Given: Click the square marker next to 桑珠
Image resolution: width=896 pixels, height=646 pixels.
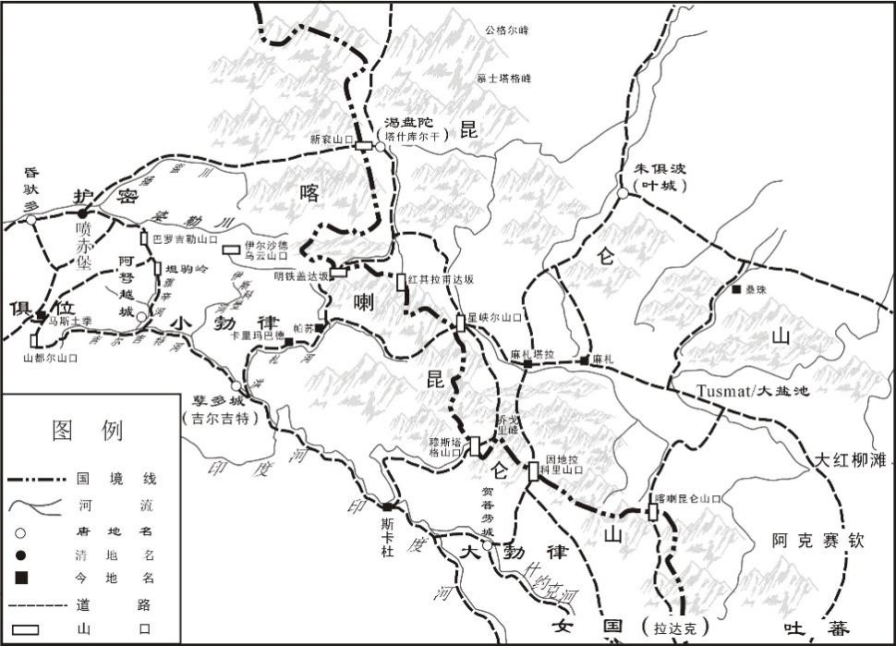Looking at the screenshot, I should (735, 290).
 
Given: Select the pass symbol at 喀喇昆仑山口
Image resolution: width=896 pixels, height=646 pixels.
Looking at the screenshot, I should (653, 511).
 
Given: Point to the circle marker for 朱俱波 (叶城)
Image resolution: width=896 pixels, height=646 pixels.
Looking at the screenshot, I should (624, 193).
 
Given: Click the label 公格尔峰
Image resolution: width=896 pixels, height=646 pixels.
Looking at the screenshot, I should (507, 30).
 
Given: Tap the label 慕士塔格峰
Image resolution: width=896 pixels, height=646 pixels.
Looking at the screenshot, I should (504, 79).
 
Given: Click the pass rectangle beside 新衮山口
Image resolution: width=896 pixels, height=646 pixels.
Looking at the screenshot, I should (364, 143).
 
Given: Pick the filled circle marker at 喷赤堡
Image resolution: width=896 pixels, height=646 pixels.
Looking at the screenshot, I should (82, 214).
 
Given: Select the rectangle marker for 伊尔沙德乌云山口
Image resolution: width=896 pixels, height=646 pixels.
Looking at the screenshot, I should (232, 249).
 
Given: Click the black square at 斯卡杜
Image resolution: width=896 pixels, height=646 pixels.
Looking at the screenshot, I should (388, 506).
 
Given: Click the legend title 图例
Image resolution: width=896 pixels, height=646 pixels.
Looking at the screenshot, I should (88, 430).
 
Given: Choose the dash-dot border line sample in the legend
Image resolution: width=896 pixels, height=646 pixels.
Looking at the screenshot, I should (42, 480).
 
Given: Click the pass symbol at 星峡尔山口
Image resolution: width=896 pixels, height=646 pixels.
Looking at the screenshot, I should (460, 323).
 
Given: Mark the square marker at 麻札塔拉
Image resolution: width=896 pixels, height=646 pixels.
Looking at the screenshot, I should (528, 364).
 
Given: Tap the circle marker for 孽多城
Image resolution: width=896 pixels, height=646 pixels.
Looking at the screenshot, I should (236, 386).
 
